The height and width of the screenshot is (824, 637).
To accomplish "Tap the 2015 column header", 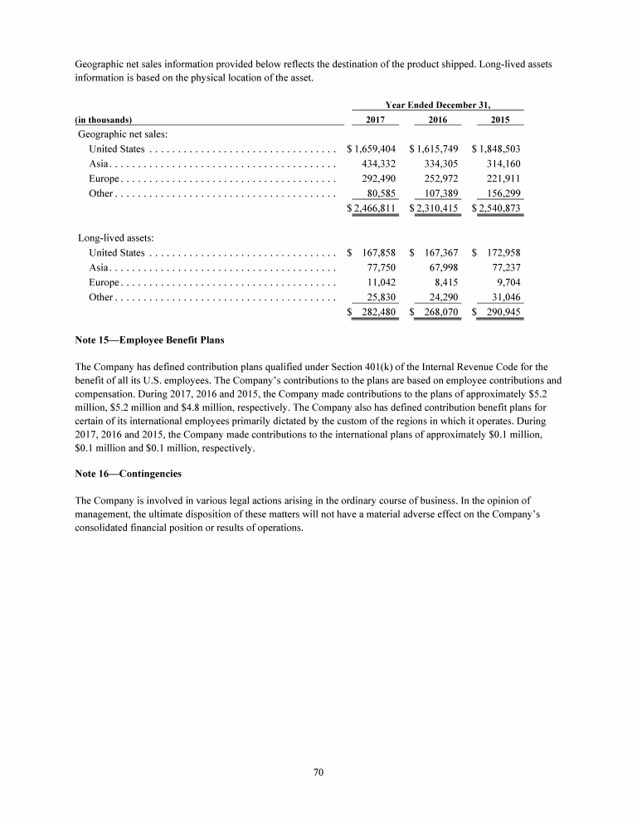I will (500, 119).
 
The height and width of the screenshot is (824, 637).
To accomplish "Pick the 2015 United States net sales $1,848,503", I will (496, 149).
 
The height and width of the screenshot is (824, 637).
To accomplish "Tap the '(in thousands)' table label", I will (105, 119).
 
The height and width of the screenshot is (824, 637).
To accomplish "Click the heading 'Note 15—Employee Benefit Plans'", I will (149, 340).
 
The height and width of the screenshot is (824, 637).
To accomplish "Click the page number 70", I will (318, 773).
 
